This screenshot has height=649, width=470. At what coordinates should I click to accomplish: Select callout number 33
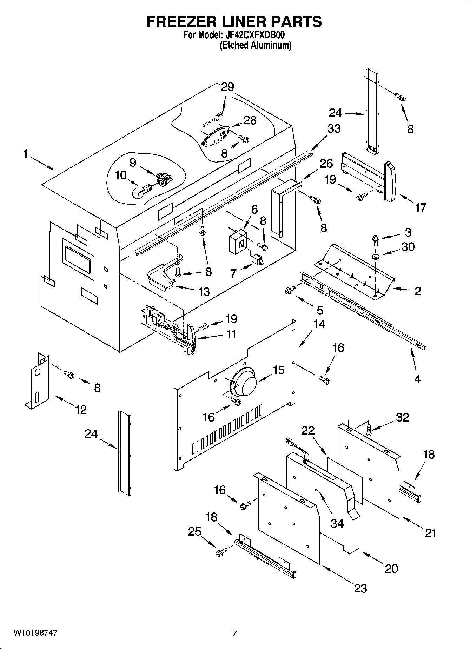tap(334, 129)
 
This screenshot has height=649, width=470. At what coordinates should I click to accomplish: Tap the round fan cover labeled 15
tap(245, 381)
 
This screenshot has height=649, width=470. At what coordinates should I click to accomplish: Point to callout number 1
tap(25, 154)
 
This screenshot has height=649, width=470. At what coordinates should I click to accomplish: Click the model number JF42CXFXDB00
tap(254, 35)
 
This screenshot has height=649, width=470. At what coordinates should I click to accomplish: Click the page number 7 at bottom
tap(234, 634)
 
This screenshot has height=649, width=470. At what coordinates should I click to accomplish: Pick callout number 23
tap(360, 588)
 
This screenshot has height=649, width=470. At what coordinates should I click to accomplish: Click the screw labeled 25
tap(221, 552)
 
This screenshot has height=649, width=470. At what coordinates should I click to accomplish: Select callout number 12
tap(81, 409)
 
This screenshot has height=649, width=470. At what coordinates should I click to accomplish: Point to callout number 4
tap(417, 379)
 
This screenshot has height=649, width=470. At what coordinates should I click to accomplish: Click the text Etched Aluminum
tap(256, 46)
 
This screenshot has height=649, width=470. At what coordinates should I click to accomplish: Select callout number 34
tap(337, 523)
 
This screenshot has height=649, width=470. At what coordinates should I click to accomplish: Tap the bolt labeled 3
tap(375, 240)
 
